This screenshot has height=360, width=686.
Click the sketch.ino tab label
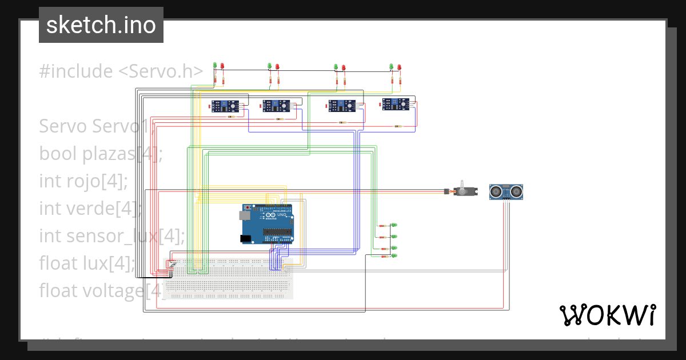tap(101, 25)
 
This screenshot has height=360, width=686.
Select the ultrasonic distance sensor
tap(507, 191)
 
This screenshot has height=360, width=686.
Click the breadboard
tap(229, 278)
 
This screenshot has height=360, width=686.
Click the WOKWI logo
tap(607, 315)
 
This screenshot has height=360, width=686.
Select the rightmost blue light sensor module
tap(396, 103)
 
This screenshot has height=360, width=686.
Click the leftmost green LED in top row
tap(215, 66)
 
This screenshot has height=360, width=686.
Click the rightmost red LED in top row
tap(399, 67)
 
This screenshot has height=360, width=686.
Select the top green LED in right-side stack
tap(393, 226)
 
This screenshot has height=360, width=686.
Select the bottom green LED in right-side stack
tap(393, 257)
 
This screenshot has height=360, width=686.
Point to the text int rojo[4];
tap(83, 181)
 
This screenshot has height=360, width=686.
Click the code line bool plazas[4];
tap(101, 154)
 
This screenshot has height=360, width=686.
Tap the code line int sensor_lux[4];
tap(112, 235)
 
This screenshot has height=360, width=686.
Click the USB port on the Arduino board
tap(243, 215)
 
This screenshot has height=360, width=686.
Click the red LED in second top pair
tap(277, 67)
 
